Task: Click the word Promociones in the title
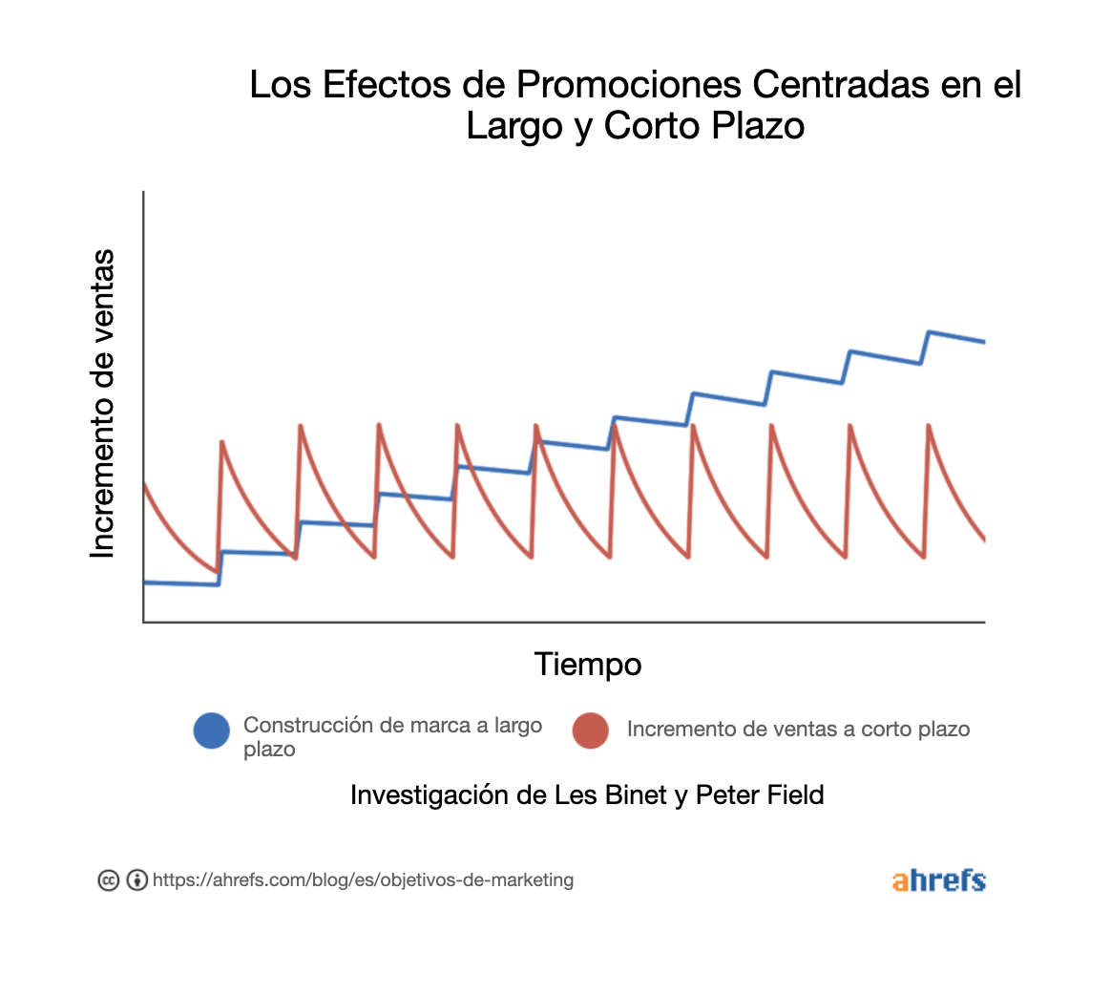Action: (629, 85)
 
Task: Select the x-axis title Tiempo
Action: (587, 664)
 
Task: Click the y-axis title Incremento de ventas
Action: (102, 404)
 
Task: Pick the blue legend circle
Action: (212, 731)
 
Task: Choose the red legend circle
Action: (591, 730)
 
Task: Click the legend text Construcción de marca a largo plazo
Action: (392, 736)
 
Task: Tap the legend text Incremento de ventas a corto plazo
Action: (798, 730)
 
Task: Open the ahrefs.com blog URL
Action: (363, 879)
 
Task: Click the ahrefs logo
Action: (938, 880)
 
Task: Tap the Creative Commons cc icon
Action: (109, 880)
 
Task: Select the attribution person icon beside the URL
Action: (137, 880)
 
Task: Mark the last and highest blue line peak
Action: (930, 332)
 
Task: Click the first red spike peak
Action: (222, 442)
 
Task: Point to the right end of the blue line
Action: (984, 341)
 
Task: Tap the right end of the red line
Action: (984, 540)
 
